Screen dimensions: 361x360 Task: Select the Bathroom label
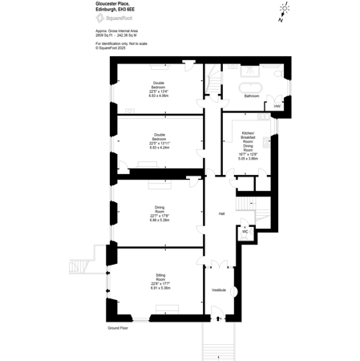point(252,96)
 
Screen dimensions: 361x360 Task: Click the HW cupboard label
point(277,106)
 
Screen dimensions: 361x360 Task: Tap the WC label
point(244,232)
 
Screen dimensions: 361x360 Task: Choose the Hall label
point(221,213)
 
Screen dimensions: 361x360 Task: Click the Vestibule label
point(218,290)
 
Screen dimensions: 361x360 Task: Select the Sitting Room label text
point(160,279)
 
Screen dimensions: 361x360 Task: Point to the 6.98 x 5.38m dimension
point(160,220)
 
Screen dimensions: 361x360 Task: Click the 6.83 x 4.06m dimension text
point(160,95)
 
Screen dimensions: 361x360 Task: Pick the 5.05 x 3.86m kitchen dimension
point(249,159)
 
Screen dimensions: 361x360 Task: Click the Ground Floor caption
point(118,328)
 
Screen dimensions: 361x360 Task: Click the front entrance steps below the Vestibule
point(217,341)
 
